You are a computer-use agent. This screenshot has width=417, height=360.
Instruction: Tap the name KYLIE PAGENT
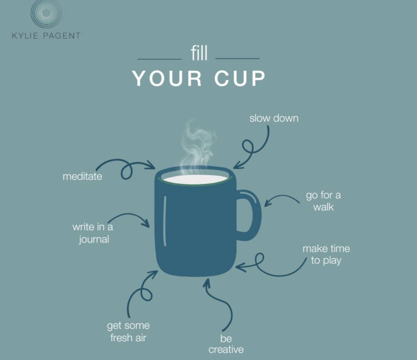46,36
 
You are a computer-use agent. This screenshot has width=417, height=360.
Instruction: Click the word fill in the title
199,54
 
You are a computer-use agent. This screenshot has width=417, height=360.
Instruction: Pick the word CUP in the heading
240,79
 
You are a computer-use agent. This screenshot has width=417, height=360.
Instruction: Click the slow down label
274,118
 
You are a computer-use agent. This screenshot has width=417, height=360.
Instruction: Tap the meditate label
82,176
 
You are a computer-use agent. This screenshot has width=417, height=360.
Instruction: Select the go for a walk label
323,201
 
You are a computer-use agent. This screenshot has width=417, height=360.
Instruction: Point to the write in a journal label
93,233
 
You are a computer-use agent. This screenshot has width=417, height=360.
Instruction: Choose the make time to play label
326,254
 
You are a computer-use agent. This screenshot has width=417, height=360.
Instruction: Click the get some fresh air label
128,332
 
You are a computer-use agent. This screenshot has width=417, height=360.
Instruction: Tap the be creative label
226,344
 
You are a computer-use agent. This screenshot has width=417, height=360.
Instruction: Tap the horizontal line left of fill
159,59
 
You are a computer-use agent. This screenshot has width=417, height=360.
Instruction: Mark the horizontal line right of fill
237,59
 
